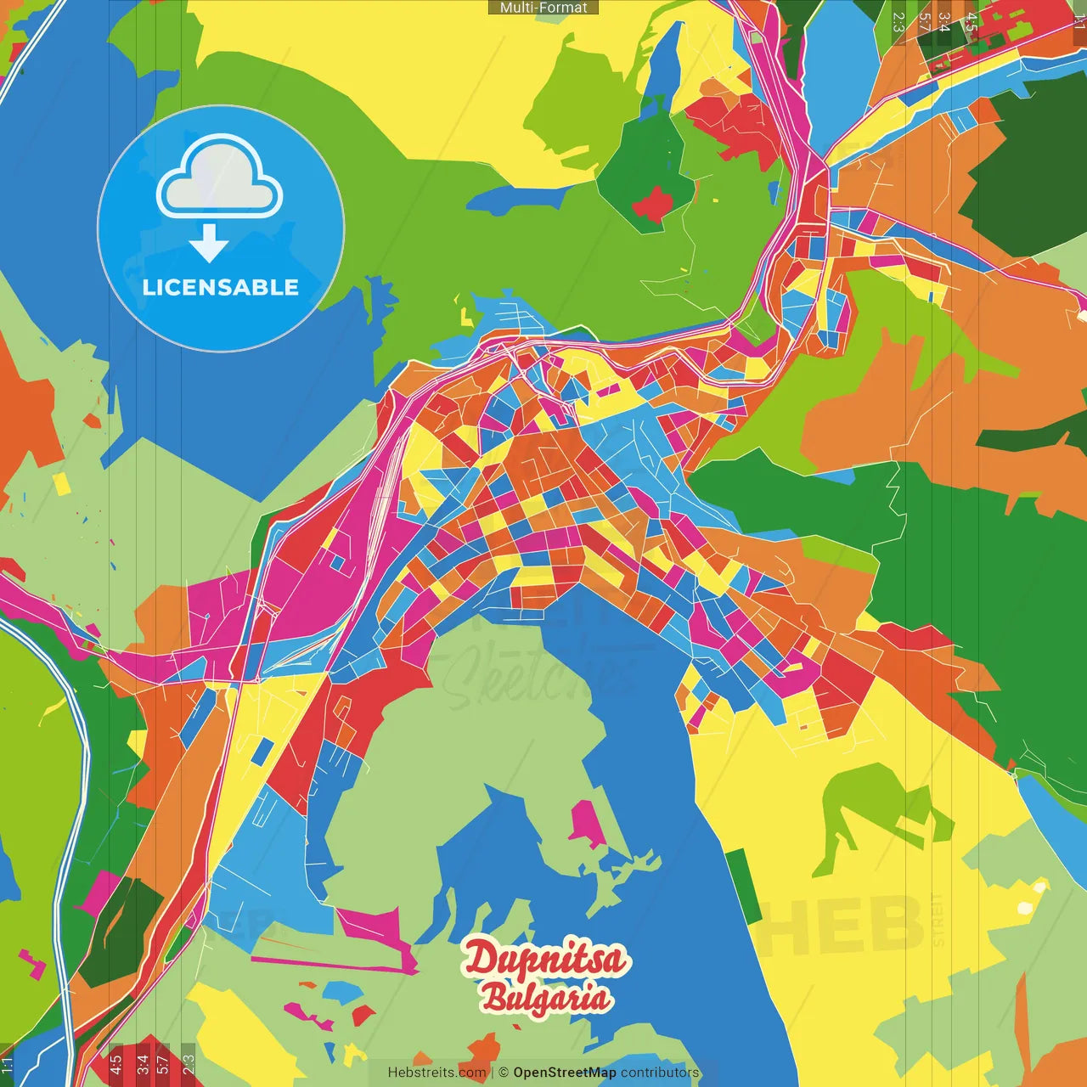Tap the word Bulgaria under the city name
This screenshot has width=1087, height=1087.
[x=545, y=998]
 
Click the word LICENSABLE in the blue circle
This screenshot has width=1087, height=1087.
[x=221, y=287]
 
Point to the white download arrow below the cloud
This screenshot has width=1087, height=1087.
[x=209, y=243]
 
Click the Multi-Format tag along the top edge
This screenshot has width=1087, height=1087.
[x=543, y=8]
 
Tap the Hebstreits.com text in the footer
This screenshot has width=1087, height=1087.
[x=436, y=1073]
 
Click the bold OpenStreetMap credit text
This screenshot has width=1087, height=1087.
[x=565, y=1073]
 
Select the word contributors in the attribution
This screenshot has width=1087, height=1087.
[x=660, y=1073]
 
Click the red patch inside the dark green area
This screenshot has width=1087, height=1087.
[x=652, y=204]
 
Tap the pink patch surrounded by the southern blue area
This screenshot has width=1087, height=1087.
[x=585, y=824]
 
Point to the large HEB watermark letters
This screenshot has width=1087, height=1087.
[x=841, y=926]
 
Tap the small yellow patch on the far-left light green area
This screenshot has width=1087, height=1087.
[x=62, y=484]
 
